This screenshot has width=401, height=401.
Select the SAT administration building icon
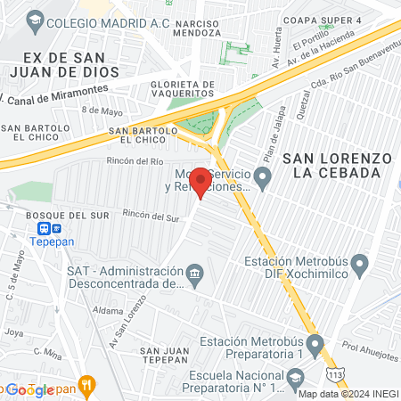(x=194, y=272)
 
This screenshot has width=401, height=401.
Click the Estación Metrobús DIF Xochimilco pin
(x=360, y=263)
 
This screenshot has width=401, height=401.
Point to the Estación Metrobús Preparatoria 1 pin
(x=315, y=343)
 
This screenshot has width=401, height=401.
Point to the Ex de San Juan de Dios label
(x=44, y=64)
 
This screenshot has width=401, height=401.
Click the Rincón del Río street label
(x=135, y=161)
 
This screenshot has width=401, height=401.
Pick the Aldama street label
(x=108, y=310)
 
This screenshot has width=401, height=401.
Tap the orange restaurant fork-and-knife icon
(x=86, y=386)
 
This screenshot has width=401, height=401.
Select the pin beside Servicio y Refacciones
(x=263, y=178)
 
